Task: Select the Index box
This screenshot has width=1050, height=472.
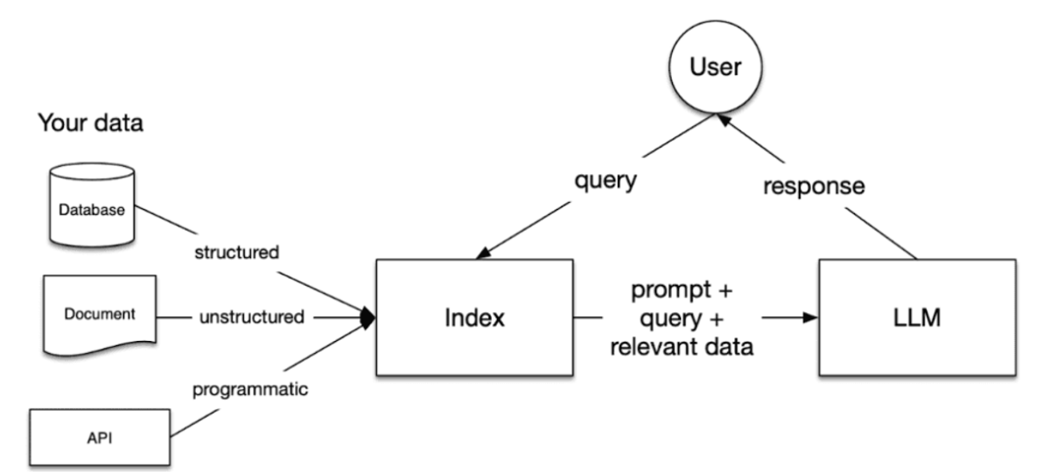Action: coord(473,316)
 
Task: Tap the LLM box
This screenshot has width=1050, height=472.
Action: coord(917,316)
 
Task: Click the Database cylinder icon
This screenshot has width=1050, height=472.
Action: coord(91,208)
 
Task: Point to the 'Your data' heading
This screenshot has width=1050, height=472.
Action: coord(90,123)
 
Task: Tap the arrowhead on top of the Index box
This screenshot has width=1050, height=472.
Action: coord(482,253)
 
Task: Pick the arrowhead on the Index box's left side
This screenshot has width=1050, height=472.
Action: coord(368,316)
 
